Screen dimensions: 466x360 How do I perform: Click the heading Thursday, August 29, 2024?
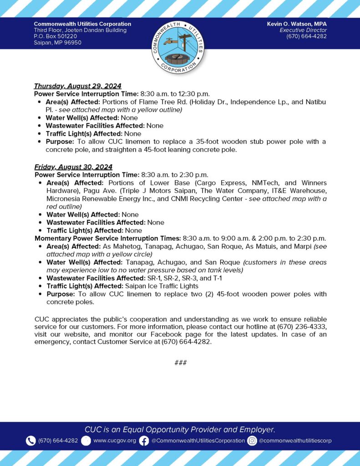pyautogui.click(x=78, y=86)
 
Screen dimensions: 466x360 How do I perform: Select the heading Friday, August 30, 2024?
pyautogui.click(x=73, y=167)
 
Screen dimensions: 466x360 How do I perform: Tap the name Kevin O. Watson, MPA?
pyautogui.click(x=297, y=24)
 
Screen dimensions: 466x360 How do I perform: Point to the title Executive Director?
pyautogui.click(x=303, y=30)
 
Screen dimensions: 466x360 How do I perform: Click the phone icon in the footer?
pyautogui.click(x=30, y=441)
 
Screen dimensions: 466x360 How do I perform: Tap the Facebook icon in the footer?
pyautogui.click(x=144, y=441)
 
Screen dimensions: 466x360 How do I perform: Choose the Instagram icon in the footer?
pyautogui.click(x=252, y=441)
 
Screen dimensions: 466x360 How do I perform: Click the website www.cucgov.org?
pyautogui.click(x=115, y=441)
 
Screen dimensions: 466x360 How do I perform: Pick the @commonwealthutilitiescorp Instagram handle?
pyautogui.click(x=295, y=441)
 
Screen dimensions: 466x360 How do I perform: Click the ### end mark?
pyautogui.click(x=180, y=363)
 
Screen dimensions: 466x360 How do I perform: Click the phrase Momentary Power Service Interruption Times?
pyautogui.click(x=107, y=238)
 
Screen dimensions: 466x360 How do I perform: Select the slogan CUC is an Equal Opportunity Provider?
pyautogui.click(x=180, y=429)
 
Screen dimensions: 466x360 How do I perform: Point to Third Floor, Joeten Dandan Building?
pyautogui.click(x=80, y=30)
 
